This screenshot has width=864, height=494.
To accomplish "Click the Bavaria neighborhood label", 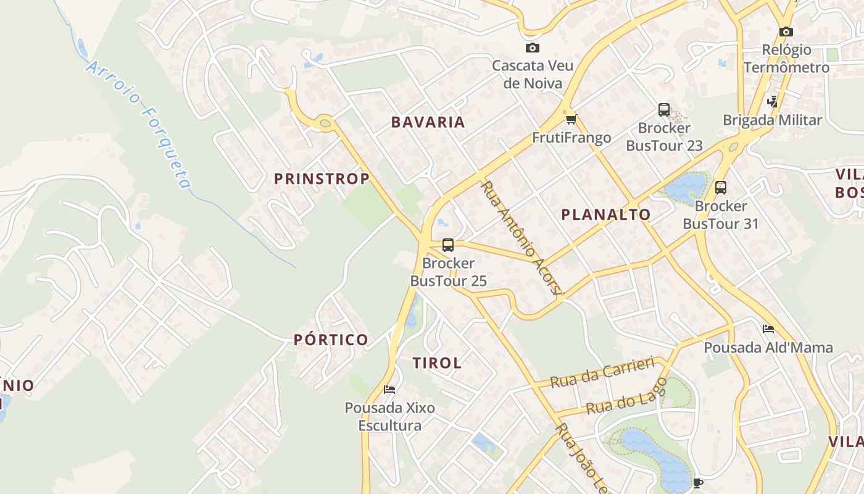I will (428, 122).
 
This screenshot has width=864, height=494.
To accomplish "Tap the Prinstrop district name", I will (322, 179).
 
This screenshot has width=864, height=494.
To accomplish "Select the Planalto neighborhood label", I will (605, 215).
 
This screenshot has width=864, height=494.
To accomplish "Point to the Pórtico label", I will (331, 340).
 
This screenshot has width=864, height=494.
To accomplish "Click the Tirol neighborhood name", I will (437, 363).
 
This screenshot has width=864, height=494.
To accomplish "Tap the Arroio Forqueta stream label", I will (139, 124).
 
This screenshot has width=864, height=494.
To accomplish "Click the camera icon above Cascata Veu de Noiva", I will (532, 48).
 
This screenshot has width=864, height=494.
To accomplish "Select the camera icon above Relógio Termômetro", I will (786, 32).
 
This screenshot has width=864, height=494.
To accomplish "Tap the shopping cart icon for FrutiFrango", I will (571, 119).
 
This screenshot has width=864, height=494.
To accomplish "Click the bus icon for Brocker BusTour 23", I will (664, 110).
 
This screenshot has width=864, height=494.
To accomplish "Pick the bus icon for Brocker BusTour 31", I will (720, 188).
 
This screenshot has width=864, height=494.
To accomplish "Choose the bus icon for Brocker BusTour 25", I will (448, 245).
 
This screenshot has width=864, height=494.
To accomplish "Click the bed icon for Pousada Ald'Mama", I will (768, 329).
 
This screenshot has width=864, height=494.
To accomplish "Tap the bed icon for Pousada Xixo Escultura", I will (389, 389).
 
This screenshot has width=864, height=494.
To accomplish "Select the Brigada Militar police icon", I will (772, 101).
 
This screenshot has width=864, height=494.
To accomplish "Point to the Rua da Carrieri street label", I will (602, 372).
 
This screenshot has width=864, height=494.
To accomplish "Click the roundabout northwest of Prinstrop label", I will (325, 124).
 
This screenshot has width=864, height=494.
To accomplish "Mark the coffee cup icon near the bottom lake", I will (698, 482).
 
